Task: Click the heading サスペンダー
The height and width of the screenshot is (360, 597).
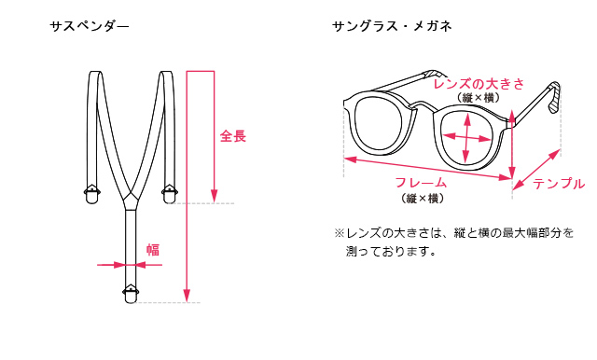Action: pyautogui.click(x=90, y=26)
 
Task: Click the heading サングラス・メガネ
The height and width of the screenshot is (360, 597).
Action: pyautogui.click(x=392, y=26)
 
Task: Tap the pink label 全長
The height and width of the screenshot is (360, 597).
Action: pyautogui.click(x=233, y=136)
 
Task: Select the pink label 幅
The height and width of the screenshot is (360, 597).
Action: pyautogui.click(x=153, y=250)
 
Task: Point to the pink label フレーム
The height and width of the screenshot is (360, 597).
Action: pyautogui.click(x=421, y=183)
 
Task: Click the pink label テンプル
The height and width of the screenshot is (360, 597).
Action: pyautogui.click(x=559, y=184)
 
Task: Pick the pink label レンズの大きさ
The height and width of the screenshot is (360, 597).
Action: pyautogui.click(x=479, y=84)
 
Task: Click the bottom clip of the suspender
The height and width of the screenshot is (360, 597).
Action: pyautogui.click(x=131, y=294)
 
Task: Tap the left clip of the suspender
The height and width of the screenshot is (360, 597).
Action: pyautogui.click(x=91, y=194)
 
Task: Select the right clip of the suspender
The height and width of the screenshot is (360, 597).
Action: pyautogui.click(x=169, y=194)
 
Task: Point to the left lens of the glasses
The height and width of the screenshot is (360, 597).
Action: pyautogui.click(x=378, y=123)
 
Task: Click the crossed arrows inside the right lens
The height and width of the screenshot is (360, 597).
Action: pyautogui.click(x=467, y=138)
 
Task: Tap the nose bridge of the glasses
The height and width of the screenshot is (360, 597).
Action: pyautogui.click(x=423, y=105)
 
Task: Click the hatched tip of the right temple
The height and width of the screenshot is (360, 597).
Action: pyautogui.click(x=555, y=97)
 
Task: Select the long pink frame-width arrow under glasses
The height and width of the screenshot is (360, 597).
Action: pyautogui.click(x=428, y=168)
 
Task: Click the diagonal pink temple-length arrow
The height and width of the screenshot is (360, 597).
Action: pyautogui.click(x=536, y=170)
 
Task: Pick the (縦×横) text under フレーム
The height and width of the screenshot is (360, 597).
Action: pyautogui.click(x=423, y=199)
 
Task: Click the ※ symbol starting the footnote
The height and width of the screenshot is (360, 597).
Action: pyautogui.click(x=340, y=233)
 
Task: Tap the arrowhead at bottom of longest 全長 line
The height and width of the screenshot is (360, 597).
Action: pyautogui.click(x=187, y=296)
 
